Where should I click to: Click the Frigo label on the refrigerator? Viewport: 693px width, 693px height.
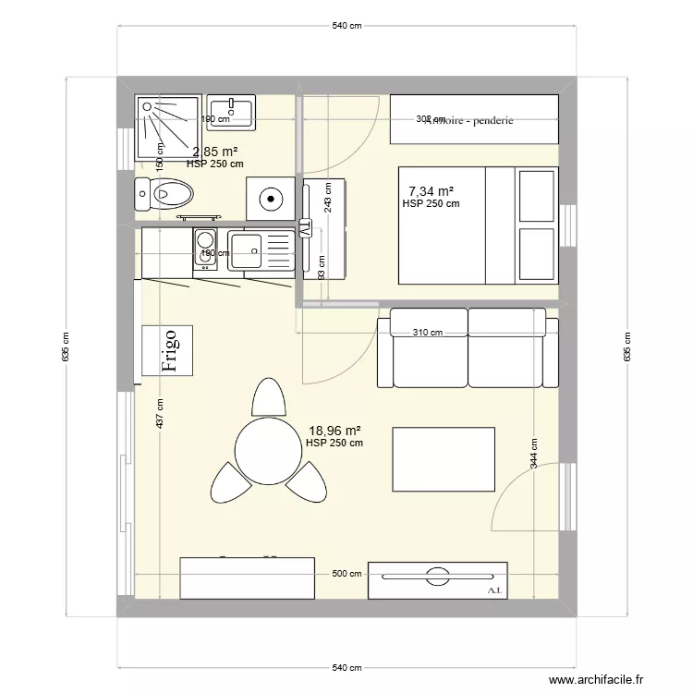[169, 350]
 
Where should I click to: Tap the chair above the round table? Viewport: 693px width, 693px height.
[268, 397]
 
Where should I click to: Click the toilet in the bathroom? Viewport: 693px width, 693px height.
[167, 194]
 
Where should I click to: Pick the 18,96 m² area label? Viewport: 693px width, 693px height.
[334, 430]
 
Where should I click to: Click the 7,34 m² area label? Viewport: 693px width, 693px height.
[432, 191]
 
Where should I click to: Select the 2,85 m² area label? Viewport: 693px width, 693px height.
[215, 152]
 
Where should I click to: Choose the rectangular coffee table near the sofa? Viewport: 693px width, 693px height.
[444, 459]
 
